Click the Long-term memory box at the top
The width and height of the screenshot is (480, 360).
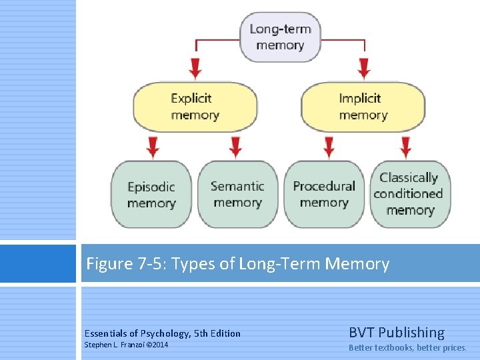pyautogui.click(x=279, y=37)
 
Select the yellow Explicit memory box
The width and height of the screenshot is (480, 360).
pyautogui.click(x=195, y=107)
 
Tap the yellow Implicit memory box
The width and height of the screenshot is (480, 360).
pyautogui.click(x=363, y=107)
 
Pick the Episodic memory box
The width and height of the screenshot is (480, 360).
pyautogui.click(x=151, y=195)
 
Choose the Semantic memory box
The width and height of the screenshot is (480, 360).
pyautogui.click(x=237, y=195)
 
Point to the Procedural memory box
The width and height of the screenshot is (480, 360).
pyautogui.click(x=324, y=195)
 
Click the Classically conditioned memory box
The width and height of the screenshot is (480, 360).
pyautogui.click(x=410, y=194)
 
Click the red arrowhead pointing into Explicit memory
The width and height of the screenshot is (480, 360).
pyautogui.click(x=195, y=68)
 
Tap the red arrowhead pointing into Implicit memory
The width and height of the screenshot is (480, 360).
pyautogui.click(x=364, y=68)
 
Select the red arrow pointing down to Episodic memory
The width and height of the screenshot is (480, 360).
pyautogui.click(x=153, y=146)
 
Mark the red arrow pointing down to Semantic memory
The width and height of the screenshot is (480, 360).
pyautogui.click(x=235, y=146)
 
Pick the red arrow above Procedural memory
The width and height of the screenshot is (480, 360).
pyautogui.click(x=328, y=146)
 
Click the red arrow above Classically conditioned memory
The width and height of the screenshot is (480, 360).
pyautogui.click(x=405, y=146)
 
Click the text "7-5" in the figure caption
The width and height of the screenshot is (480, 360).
pyautogui.click(x=151, y=264)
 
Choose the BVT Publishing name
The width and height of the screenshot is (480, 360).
pyautogui.click(x=396, y=332)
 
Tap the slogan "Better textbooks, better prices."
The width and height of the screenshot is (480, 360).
pyautogui.click(x=407, y=347)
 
